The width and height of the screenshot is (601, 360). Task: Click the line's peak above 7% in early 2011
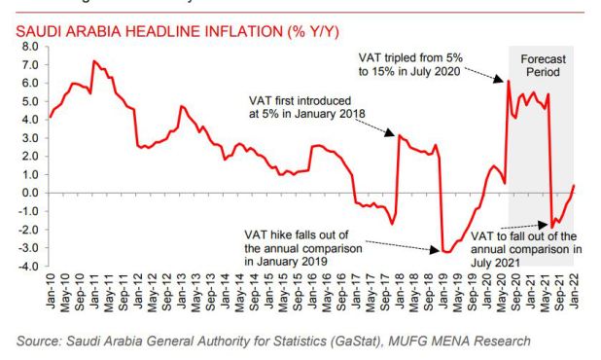[x=93, y=61]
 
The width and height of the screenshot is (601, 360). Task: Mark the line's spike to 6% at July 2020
[x=508, y=82]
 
